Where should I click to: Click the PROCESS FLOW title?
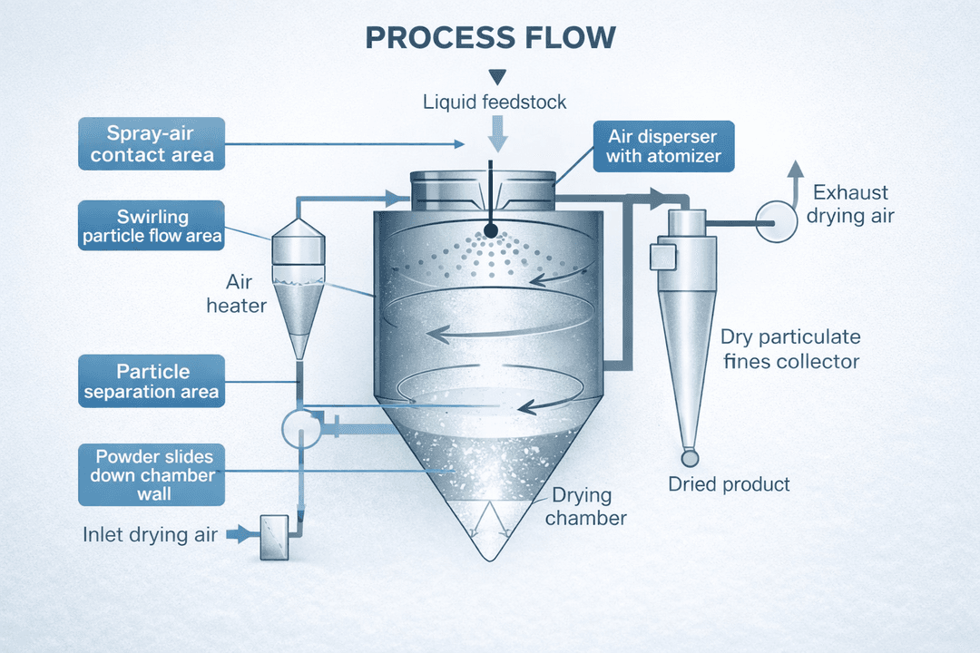point(490,38)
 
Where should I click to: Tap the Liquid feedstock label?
point(495,102)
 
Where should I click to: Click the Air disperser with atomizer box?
point(663,146)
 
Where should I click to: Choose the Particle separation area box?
point(152,382)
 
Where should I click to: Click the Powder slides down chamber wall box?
point(152,475)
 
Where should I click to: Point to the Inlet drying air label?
point(151,534)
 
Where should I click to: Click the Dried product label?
point(729,484)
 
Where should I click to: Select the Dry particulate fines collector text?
point(789,349)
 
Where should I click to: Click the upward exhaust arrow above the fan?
point(795,178)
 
